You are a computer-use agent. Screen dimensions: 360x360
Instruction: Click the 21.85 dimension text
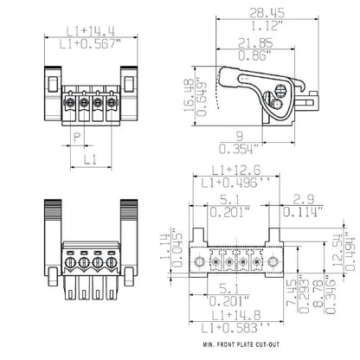(254, 41)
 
